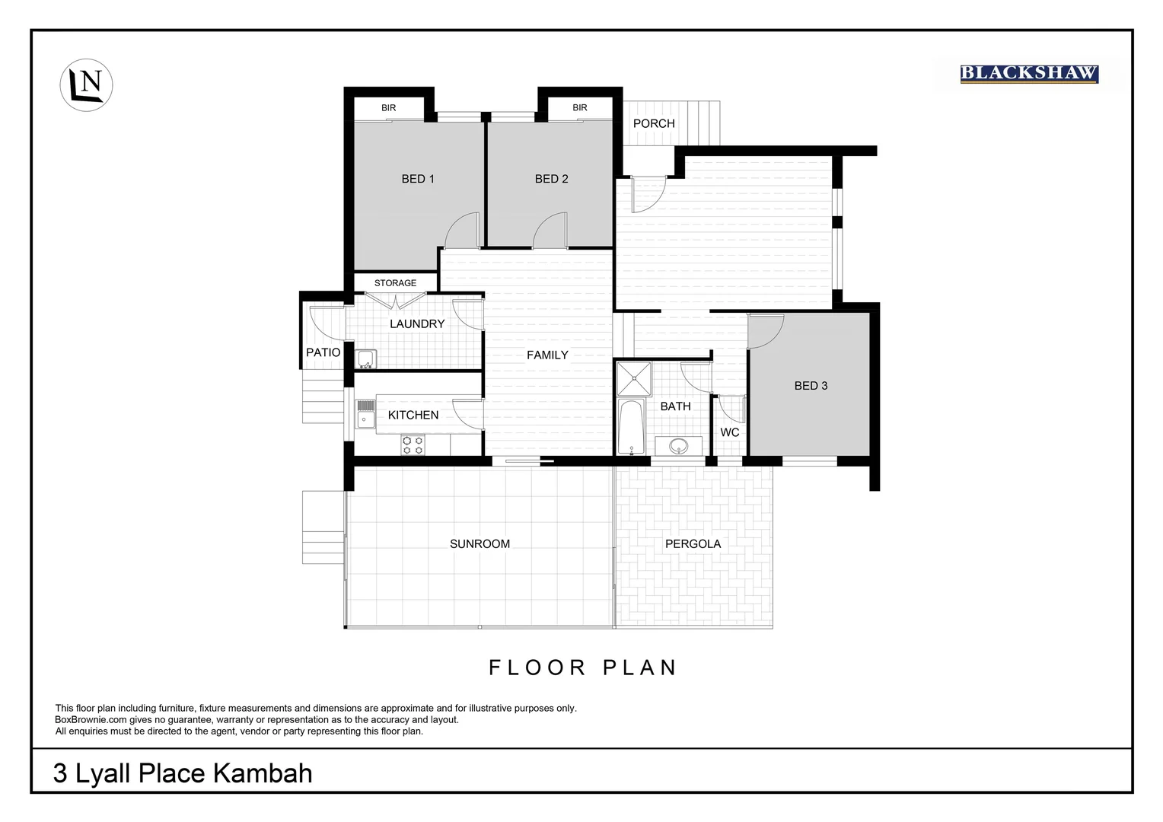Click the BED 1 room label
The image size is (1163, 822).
pos(418,179)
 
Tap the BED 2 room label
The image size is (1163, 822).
pos(552,179)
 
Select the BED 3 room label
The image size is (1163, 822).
pos(811,386)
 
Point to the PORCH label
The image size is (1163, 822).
pos(654,123)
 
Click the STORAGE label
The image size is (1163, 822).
pos(395,283)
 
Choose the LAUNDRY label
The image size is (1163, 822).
pos(417,323)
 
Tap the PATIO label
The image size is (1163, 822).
pos(323,352)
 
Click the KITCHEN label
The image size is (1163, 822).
pos(413,415)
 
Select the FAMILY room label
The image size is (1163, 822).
pos(547,355)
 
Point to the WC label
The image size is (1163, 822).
pos(729,432)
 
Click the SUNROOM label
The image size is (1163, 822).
pos(480,544)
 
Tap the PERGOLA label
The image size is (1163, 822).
pos(693,544)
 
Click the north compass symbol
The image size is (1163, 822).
pos(86,84)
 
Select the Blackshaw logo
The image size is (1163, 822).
pos(1028,74)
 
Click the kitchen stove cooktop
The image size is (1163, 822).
pos(413,444)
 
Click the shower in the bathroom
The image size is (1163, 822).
pos(634,379)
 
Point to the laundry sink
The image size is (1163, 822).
pos(365,358)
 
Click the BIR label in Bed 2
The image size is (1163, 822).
pos(580,108)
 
